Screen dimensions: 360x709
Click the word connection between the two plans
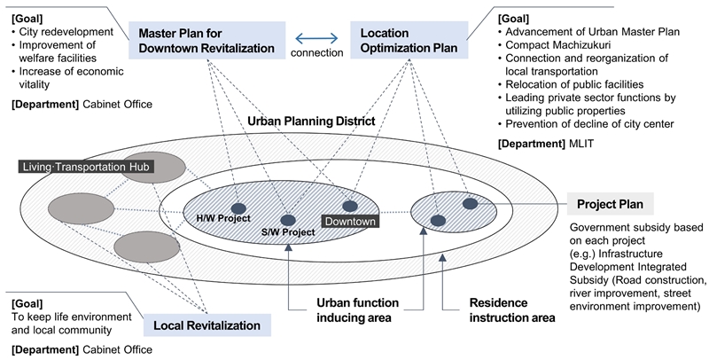click(x=316, y=53)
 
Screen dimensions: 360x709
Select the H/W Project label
click(x=224, y=218)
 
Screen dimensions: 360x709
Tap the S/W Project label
click(x=288, y=232)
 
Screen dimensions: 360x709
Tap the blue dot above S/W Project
click(x=287, y=219)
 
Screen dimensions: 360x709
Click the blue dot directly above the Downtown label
click(x=350, y=206)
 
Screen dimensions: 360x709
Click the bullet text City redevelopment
click(x=67, y=34)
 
